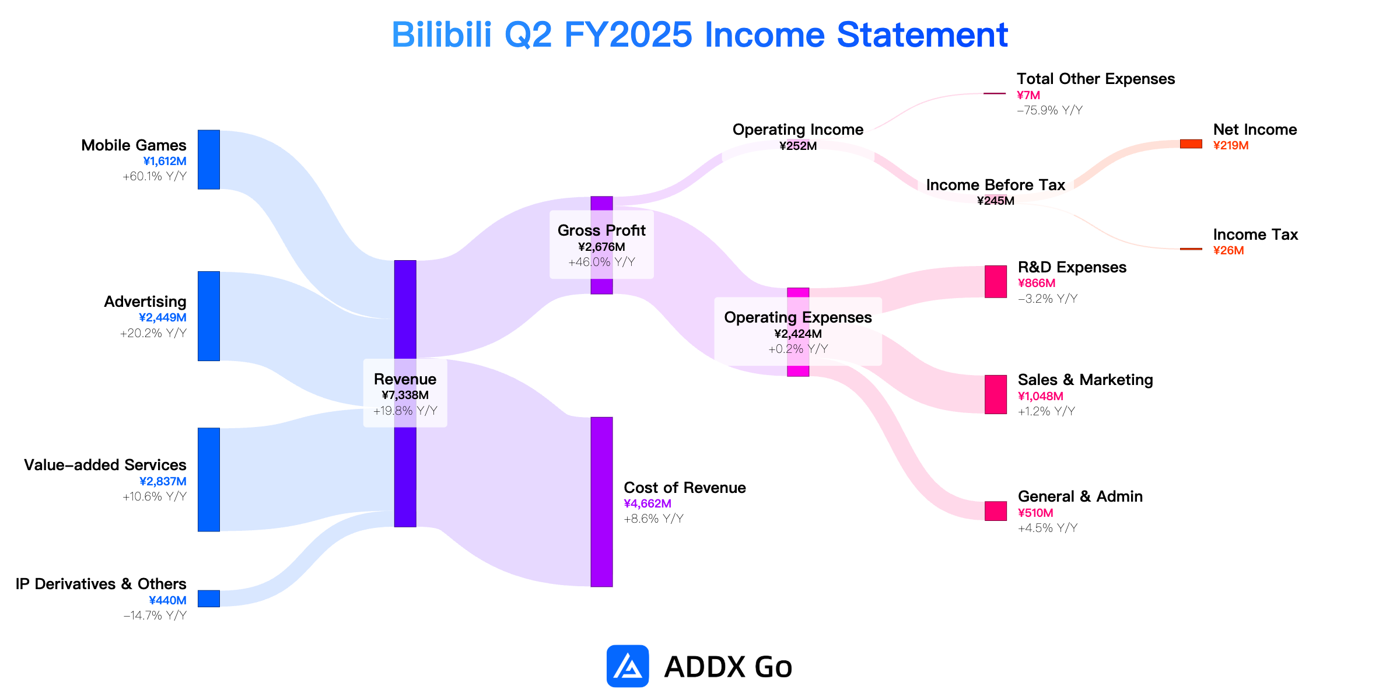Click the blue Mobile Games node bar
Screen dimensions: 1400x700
209,159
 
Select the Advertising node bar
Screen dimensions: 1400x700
209,316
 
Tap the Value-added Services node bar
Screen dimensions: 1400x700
209,480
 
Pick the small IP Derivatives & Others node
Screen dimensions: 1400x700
209,598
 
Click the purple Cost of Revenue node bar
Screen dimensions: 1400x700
601,502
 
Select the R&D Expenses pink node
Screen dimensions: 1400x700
996,282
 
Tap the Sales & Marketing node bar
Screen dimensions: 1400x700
996,394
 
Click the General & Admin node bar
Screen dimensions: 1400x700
996,511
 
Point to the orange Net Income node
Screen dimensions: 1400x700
1191,143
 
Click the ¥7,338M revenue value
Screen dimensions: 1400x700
405,395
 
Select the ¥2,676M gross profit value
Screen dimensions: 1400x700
601,247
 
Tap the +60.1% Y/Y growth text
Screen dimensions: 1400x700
155,176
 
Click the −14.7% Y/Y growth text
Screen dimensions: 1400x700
155,615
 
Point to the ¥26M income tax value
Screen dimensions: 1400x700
1228,250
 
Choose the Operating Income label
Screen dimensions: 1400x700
798,129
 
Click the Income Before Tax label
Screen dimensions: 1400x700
996,185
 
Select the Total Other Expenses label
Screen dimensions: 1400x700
1095,79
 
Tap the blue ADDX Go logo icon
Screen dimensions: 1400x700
628,666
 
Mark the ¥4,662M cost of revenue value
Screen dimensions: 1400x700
647,503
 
